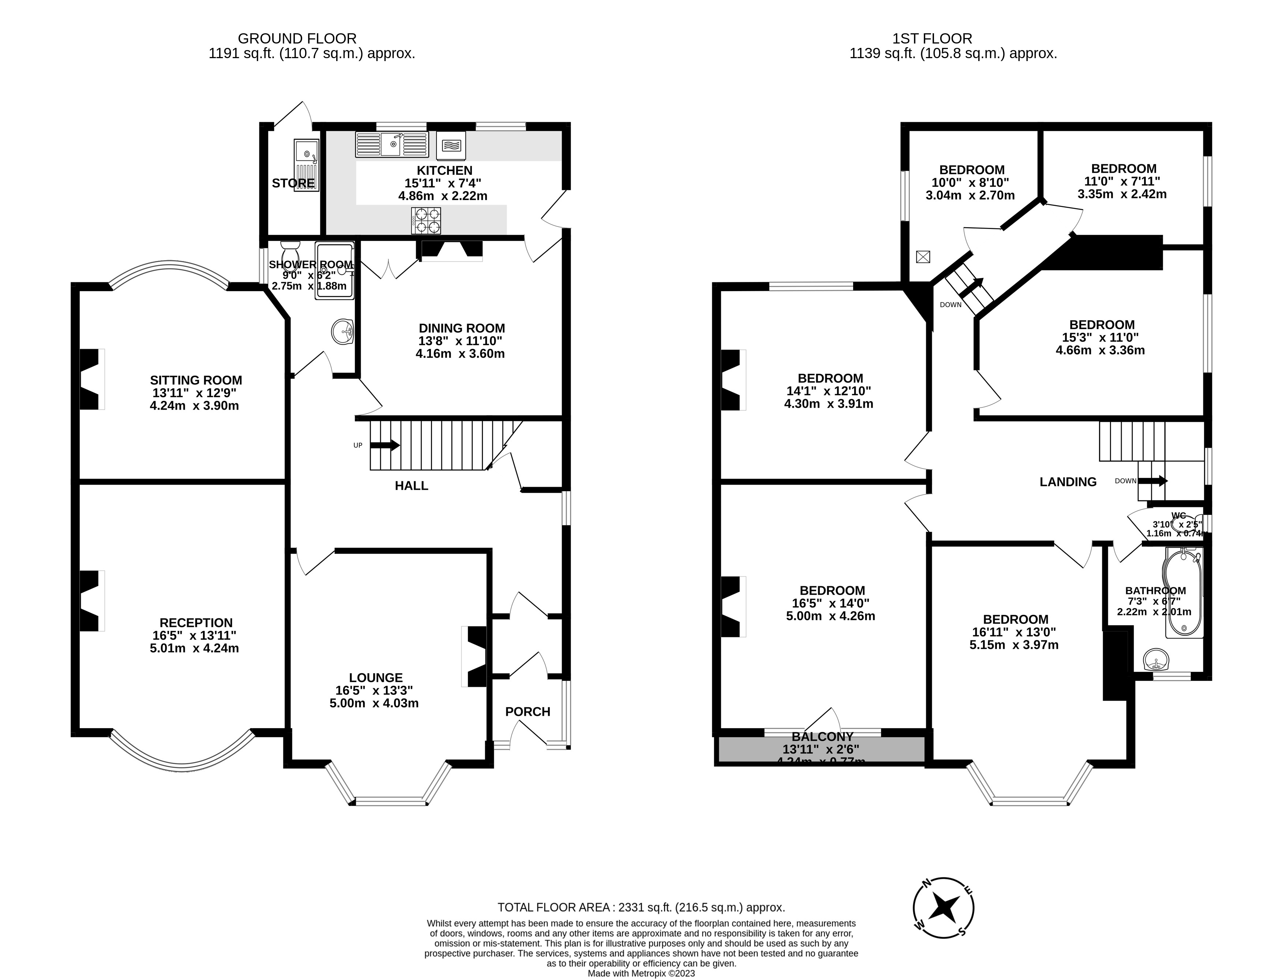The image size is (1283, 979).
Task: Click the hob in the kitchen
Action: click(x=427, y=221)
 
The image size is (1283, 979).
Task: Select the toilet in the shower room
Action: click(x=290, y=254)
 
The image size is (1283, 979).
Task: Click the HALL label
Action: click(x=412, y=485)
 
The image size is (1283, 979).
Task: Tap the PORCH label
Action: click(x=528, y=712)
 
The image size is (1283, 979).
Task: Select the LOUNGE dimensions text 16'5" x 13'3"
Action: click(x=374, y=690)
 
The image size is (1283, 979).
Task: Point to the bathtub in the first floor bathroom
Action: click(x=1183, y=593)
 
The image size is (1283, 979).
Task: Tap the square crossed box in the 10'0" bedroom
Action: click(x=923, y=256)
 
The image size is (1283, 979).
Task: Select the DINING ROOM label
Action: click(x=462, y=328)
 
